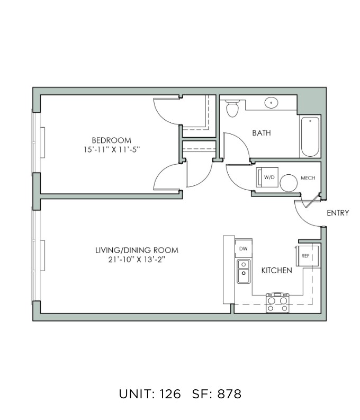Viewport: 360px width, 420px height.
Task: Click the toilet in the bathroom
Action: tap(232, 108)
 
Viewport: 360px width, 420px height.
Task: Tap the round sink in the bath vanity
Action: tap(271, 103)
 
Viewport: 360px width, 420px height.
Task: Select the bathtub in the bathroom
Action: tap(310, 136)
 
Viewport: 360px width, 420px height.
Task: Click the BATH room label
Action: tap(261, 133)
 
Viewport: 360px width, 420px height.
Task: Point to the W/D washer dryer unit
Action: tap(267, 177)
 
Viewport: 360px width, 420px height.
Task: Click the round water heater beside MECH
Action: tap(289, 183)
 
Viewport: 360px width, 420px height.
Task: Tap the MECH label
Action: tap(308, 178)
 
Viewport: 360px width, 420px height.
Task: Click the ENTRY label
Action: tap(338, 213)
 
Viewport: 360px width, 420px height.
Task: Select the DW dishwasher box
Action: tap(244, 248)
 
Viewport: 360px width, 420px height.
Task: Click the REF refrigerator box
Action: tap(307, 256)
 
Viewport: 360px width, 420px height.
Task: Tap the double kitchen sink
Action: tap(244, 271)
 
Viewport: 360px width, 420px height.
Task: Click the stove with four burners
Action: tap(277, 302)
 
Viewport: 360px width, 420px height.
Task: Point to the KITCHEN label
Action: tap(276, 271)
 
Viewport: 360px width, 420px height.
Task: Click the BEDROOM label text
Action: tap(111, 140)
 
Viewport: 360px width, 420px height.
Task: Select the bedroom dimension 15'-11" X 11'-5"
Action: tap(112, 149)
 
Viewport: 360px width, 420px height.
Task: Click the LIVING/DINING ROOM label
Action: tap(137, 251)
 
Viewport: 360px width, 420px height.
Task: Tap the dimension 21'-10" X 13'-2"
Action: tap(136, 260)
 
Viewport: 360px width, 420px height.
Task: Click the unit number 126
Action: tap(170, 394)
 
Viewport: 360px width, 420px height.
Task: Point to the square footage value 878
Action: tap(229, 394)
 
